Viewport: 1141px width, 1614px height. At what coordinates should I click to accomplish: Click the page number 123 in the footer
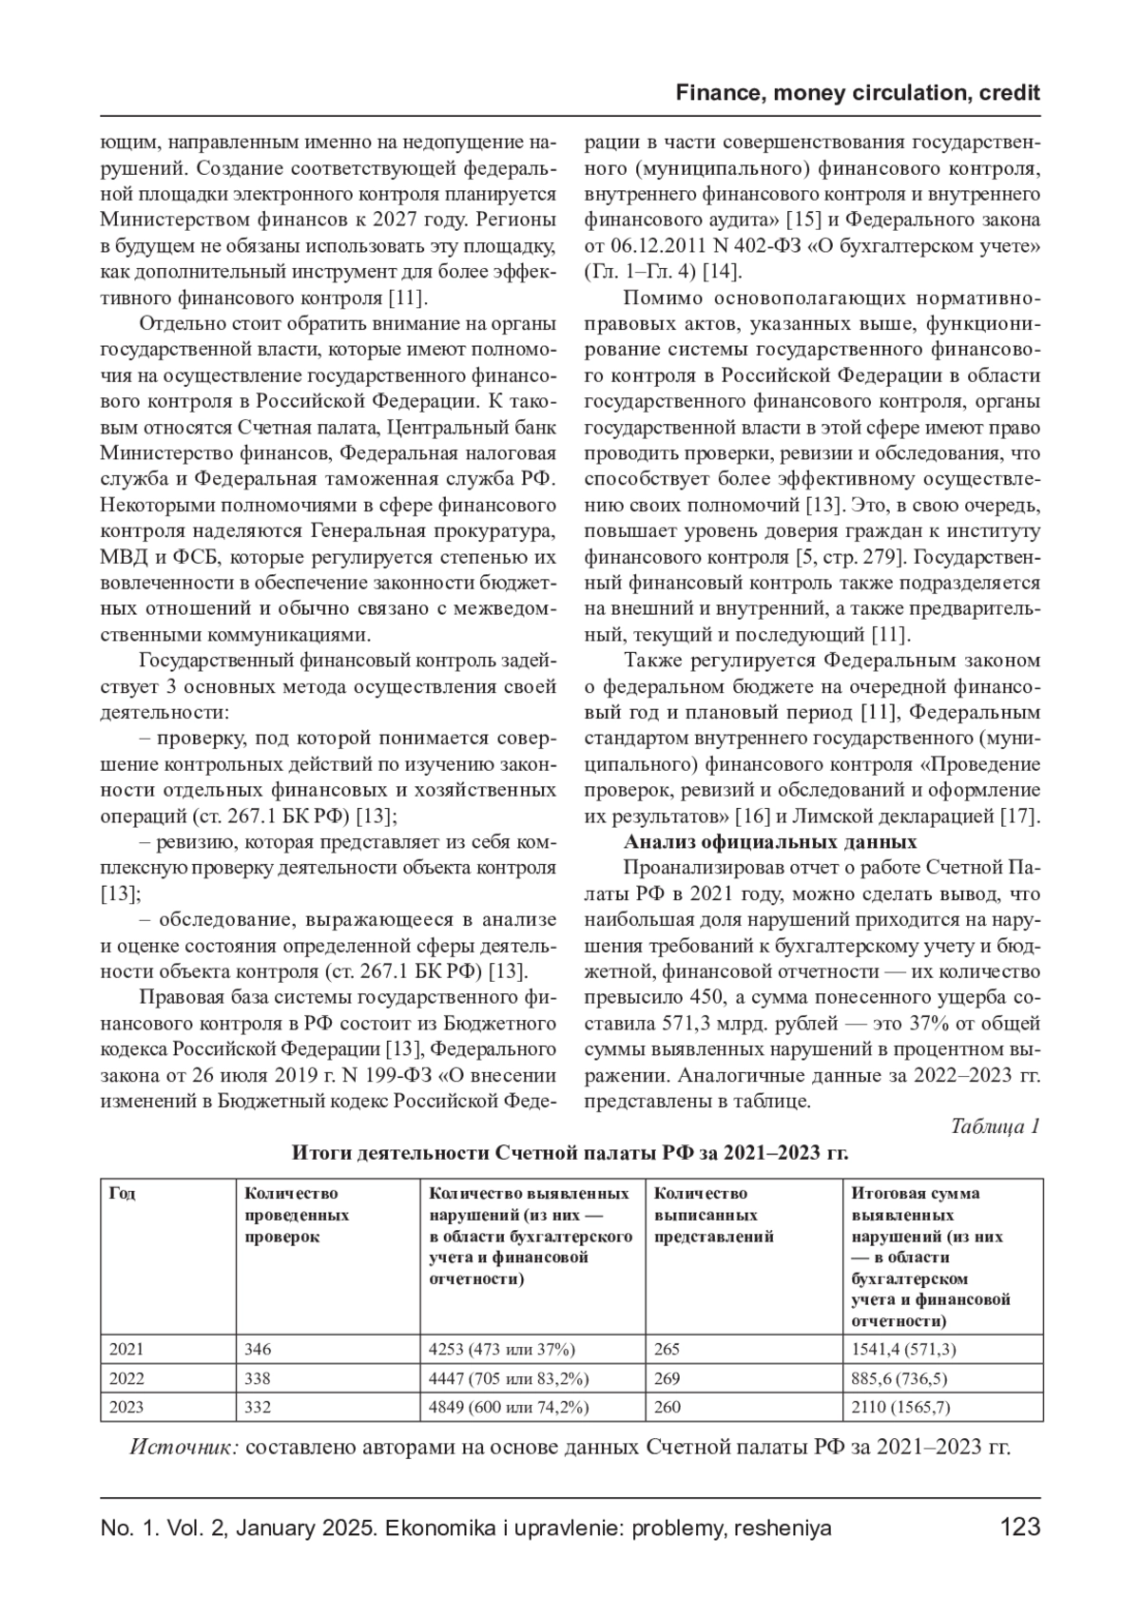pos(1020,1528)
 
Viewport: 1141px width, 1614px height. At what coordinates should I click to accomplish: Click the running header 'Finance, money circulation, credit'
pos(858,93)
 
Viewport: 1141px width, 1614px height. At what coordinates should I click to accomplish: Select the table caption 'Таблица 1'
pos(995,1125)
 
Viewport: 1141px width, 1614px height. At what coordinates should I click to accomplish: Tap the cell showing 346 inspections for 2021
pos(258,1349)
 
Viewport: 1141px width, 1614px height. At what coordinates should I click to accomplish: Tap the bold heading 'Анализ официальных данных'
pos(770,842)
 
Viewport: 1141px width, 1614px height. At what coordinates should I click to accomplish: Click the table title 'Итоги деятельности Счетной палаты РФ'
pos(570,1153)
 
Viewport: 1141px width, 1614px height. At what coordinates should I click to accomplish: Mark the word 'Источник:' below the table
pos(184,1448)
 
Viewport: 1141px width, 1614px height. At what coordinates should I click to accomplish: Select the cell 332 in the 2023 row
pos(258,1407)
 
